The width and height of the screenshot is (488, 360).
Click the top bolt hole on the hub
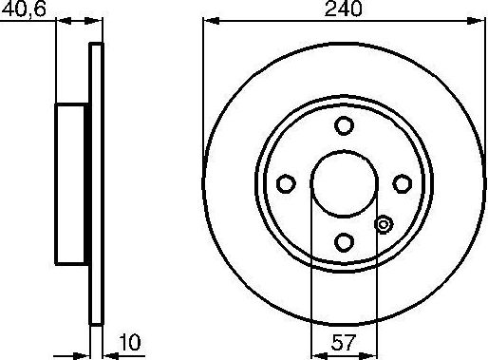point(345,126)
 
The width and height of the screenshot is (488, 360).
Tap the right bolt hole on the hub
point(403,184)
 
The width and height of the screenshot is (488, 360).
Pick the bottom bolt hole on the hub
point(345,242)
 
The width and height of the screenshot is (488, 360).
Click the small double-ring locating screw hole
point(384,225)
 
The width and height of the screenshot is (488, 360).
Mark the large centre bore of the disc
point(344,184)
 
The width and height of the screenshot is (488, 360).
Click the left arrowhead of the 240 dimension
point(208,20)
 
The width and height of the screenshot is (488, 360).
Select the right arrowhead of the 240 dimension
point(479,20)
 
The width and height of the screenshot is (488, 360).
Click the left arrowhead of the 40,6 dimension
point(61,20)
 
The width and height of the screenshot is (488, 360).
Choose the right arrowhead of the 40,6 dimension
point(95,20)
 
